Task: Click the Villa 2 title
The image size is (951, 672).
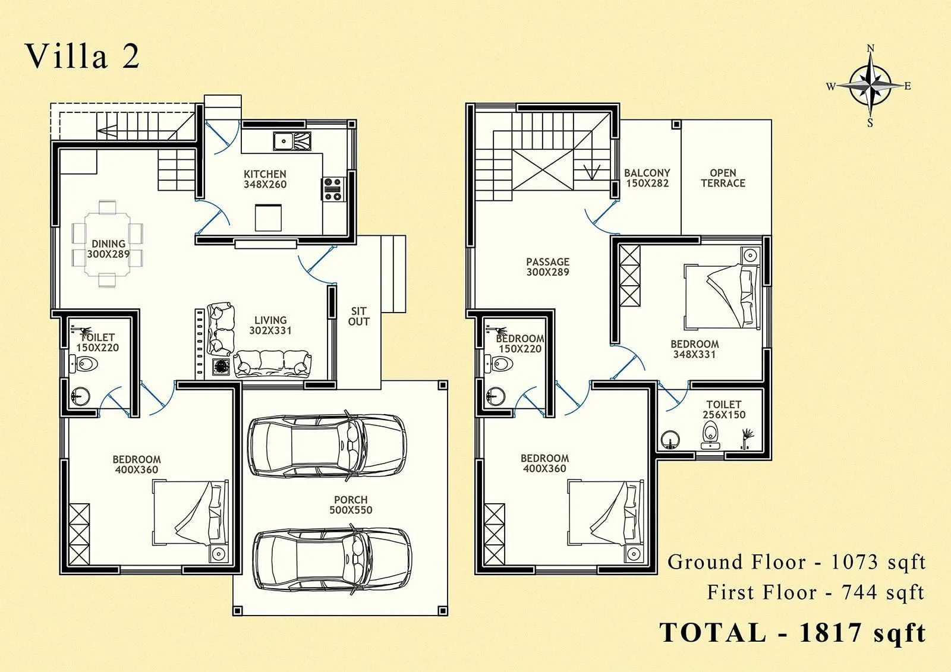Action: pos(82,56)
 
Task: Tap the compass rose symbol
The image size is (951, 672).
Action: pos(870,86)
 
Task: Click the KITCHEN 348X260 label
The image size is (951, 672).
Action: pos(265,179)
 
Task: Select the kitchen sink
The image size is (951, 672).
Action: pos(292,141)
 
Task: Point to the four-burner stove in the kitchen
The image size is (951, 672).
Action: pos(333,188)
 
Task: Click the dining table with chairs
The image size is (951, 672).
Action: pos(108,244)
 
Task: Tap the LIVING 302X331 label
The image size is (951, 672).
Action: pos(270,325)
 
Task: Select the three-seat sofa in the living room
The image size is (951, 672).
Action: pos(272,363)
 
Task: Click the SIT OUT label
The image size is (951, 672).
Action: pos(358,316)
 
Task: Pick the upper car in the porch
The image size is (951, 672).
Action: pos(326,444)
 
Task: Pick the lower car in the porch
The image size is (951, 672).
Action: pos(331,558)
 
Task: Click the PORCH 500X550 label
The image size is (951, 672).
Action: pos(351,504)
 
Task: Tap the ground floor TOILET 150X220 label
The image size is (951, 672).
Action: pos(98,342)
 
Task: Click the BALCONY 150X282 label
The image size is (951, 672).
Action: pos(647,178)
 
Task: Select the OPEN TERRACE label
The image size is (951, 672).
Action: pos(723,178)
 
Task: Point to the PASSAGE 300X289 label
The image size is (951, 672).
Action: pos(547,267)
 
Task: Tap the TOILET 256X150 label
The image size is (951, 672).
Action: pos(723,409)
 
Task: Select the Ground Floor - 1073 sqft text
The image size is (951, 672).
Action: pos(796,561)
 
